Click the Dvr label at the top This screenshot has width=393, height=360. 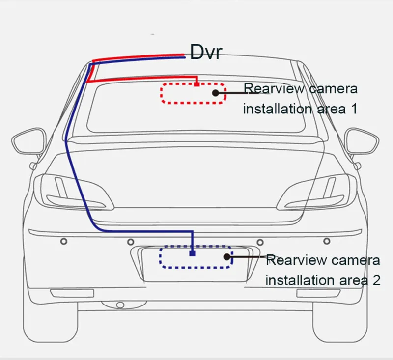coord(206,52)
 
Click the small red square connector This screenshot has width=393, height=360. coord(197,84)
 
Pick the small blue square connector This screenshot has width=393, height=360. coord(192,253)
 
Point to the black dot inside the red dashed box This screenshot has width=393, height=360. coord(216,93)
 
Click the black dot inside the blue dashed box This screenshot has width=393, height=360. coord(227,257)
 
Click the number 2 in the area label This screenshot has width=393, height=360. coord(376,280)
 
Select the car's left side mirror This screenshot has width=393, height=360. coord(29,141)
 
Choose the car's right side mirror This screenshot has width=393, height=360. coord(362,141)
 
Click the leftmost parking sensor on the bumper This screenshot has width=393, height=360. coord(64,241)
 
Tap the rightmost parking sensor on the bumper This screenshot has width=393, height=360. coord(327,241)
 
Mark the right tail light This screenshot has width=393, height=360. coord(316,192)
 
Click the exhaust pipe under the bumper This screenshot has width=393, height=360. coord(120,305)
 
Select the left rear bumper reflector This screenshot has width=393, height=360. coord(72,293)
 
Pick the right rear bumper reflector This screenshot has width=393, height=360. coord(318,293)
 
